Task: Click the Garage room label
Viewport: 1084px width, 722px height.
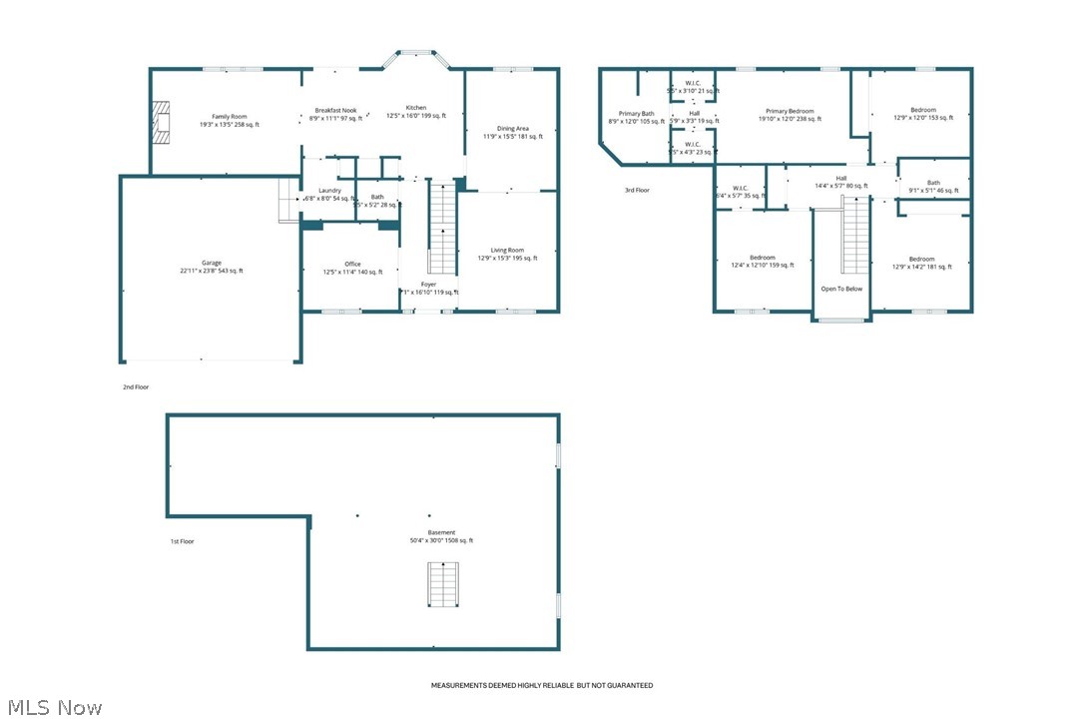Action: click(211, 263)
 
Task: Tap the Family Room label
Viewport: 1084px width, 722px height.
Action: click(229, 117)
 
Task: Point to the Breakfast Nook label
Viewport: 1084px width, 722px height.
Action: click(335, 110)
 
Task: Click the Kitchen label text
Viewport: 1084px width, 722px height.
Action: click(415, 108)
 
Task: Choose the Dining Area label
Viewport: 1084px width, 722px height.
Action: click(513, 129)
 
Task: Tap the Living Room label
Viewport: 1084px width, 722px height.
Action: click(507, 251)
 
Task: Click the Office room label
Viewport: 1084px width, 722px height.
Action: click(352, 264)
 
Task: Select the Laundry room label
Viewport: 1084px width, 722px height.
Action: click(330, 191)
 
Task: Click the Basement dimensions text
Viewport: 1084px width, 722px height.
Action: click(441, 540)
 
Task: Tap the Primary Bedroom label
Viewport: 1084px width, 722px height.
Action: click(790, 111)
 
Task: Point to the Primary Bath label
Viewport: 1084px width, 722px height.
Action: click(636, 114)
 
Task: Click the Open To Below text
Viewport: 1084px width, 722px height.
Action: click(841, 289)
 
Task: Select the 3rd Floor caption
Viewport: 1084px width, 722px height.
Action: click(637, 190)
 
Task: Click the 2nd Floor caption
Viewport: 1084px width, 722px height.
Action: click(136, 386)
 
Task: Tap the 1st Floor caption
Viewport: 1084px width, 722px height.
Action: click(182, 541)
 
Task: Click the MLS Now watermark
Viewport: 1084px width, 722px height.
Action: click(52, 708)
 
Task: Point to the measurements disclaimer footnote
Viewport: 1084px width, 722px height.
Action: click(541, 685)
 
